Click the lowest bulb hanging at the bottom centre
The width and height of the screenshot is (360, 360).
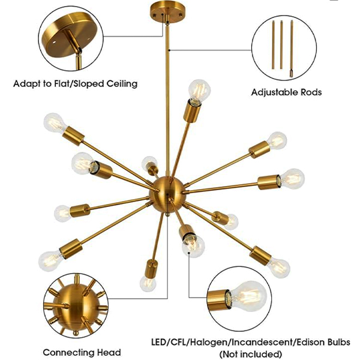147,283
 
